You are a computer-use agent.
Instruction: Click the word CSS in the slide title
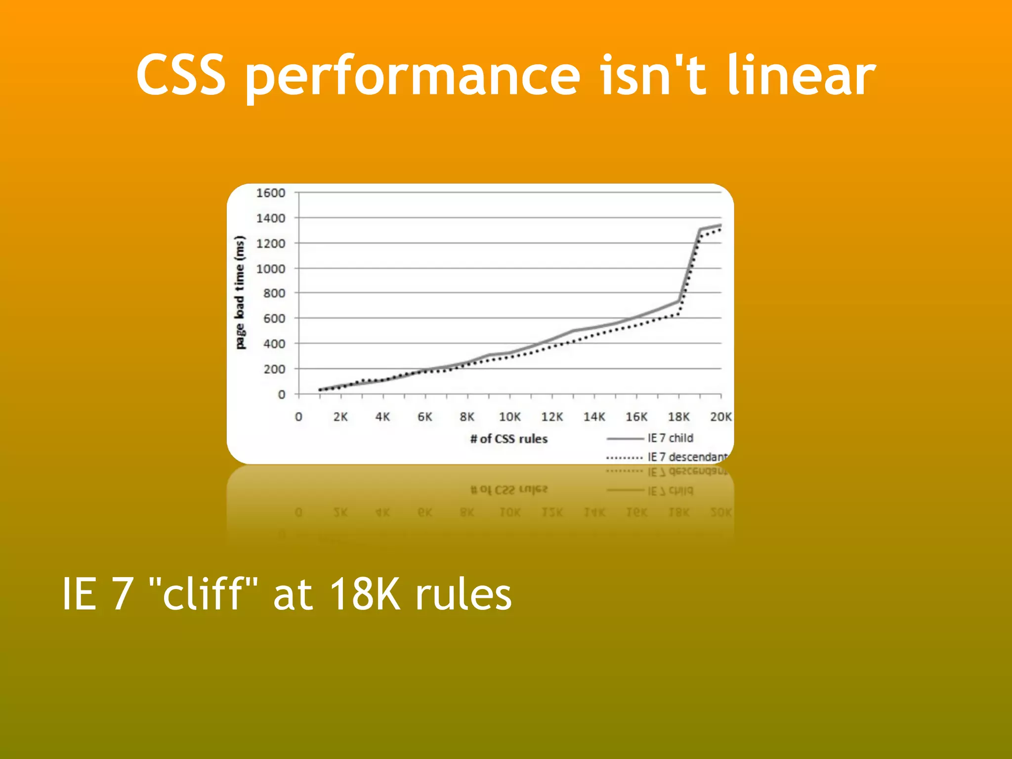point(181,75)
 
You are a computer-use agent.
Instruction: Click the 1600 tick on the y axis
point(270,193)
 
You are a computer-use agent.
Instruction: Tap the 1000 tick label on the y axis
point(270,269)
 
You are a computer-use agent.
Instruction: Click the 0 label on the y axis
point(281,394)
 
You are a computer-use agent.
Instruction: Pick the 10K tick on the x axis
point(509,417)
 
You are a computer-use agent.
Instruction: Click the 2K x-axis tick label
point(340,417)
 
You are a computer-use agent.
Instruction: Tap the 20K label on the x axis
point(720,417)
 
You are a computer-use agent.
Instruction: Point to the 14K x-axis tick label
point(594,417)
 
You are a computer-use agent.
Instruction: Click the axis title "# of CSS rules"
point(509,439)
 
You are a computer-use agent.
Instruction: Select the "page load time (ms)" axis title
point(240,293)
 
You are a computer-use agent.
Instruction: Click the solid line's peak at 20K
point(720,225)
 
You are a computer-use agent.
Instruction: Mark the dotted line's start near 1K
point(320,390)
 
